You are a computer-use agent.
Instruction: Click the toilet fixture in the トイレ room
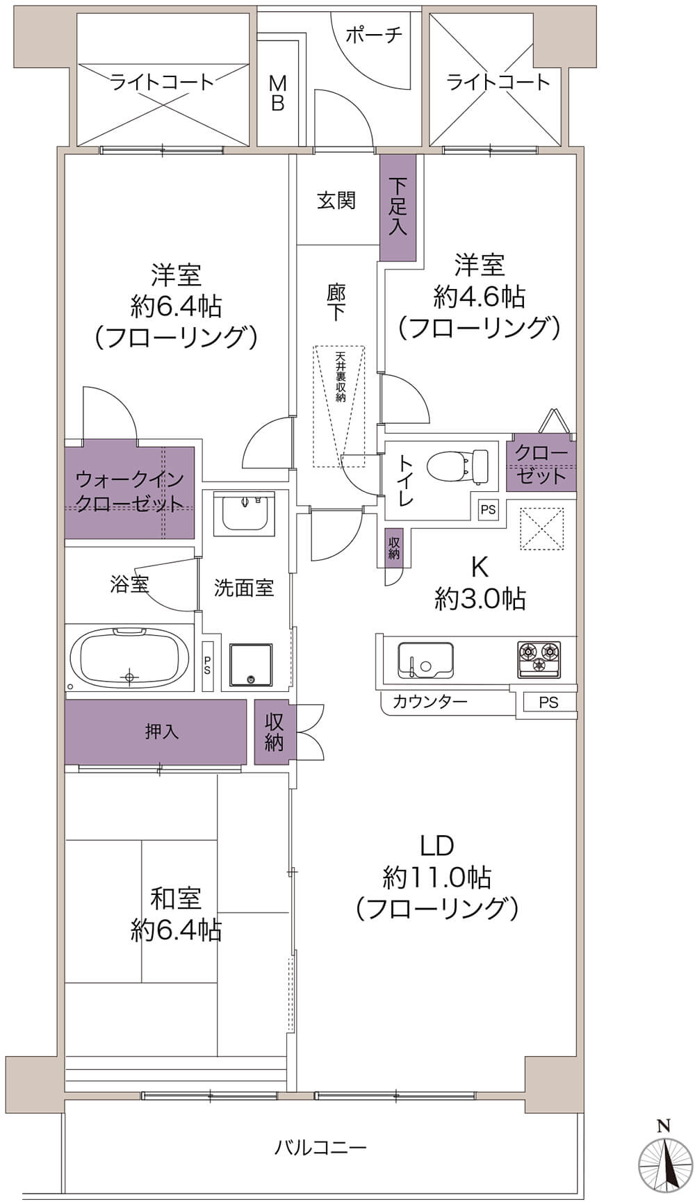coord(459,466)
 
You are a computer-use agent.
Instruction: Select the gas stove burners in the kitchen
coord(539,657)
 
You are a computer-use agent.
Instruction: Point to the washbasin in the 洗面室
coord(243,513)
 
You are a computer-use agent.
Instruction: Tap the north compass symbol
coord(665,1163)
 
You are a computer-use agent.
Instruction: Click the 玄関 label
coord(336,201)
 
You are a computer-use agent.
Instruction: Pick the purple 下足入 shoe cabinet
coord(398,207)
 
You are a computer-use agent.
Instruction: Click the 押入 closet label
coord(162,732)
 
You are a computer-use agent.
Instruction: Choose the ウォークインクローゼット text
coord(129,491)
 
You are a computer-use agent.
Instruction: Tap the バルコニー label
coord(320,1147)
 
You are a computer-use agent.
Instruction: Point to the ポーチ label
coord(373,35)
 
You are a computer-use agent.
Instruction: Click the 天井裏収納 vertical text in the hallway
coord(340,377)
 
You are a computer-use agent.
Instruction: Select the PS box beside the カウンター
coord(548,702)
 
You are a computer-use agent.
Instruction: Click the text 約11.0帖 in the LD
coord(436,878)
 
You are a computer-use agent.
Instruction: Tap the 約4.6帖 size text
coord(479,297)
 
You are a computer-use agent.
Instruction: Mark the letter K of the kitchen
coord(480,567)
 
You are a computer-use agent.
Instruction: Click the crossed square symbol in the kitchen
coord(541,529)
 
